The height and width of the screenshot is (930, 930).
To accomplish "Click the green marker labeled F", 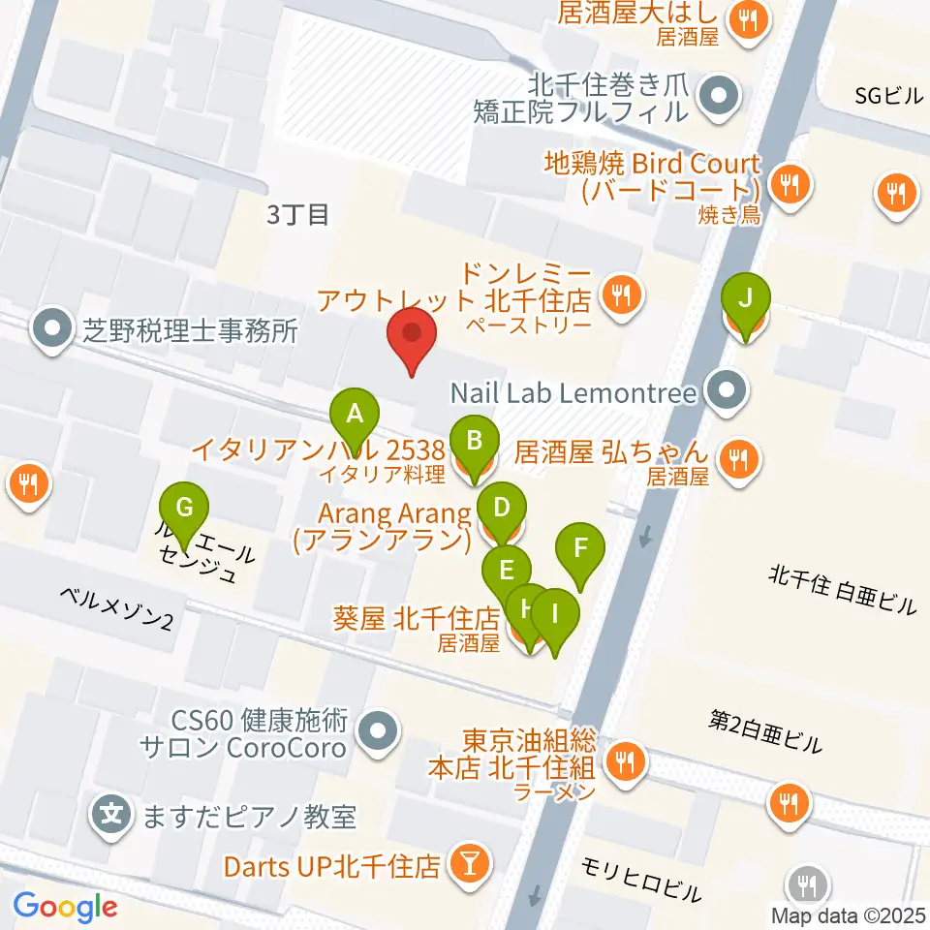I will pos(580,548).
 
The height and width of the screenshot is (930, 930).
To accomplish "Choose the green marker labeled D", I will pos(501,507).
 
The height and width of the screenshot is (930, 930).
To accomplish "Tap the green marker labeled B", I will pos(474,441).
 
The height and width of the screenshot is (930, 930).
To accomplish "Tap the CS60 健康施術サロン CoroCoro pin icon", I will pos(379,734).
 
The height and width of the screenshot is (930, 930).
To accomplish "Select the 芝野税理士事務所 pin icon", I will pos(51,331).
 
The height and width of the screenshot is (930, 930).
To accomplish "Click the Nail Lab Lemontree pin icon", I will pos(727,392).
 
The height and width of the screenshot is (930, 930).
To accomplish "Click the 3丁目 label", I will pos(297,214).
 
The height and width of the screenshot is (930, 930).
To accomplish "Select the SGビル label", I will pos(889,95).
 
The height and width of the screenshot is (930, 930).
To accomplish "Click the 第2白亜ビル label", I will pos(765,731).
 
